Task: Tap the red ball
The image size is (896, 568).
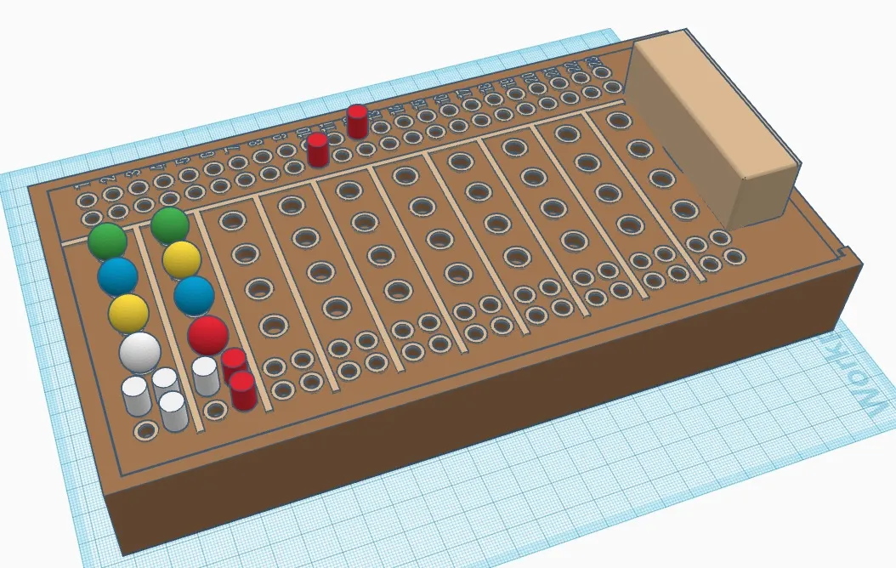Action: point(207,334)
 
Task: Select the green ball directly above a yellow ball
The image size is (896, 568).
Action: point(170,225)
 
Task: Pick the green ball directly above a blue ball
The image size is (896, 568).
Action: point(107,241)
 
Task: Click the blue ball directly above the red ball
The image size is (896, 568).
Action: point(194,294)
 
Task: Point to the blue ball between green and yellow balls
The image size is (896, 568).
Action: point(117,275)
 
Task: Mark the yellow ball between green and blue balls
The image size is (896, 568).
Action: point(181,259)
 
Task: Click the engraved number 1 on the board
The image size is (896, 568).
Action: point(82,185)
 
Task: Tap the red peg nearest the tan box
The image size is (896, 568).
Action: point(357,122)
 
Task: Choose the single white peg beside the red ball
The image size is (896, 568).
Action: point(205,376)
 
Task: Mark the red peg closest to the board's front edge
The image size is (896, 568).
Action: point(243,391)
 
